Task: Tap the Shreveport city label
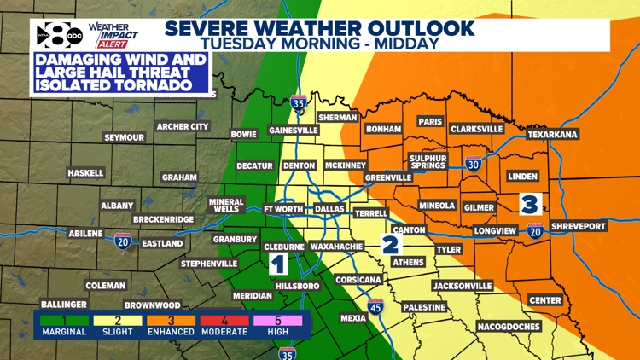point(578,226)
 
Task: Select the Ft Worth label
point(282,209)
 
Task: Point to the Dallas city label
point(329,209)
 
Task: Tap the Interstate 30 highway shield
point(474,164)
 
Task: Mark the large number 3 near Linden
point(529,204)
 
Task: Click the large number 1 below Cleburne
point(278,264)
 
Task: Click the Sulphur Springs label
point(428,163)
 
